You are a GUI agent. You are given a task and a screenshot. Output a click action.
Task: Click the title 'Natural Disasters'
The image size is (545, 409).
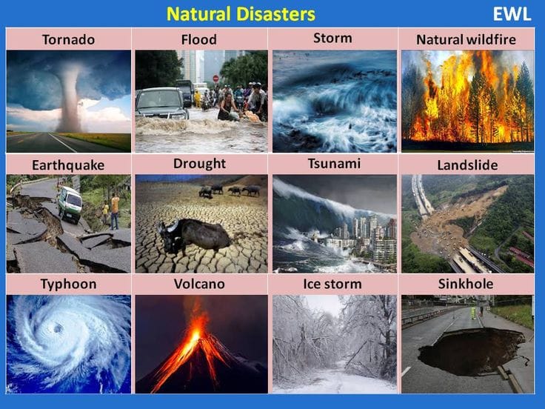coord(241,14)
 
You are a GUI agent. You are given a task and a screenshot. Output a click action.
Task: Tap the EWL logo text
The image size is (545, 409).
coord(512,15)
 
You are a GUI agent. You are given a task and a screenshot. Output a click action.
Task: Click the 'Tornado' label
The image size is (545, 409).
coord(68,39)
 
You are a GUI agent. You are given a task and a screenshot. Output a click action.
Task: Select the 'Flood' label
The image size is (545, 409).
coord(199,39)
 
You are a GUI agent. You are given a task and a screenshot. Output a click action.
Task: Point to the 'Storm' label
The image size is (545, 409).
coord(332,38)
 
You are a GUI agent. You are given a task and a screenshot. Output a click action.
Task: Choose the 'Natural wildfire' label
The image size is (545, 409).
coord(466,39)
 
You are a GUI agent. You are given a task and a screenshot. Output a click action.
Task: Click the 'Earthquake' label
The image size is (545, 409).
coord(68,164)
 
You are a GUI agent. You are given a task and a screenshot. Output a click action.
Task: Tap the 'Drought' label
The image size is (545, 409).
coord(199,163)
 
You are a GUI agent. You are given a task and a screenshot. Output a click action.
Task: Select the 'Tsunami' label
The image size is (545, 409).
coord(332,163)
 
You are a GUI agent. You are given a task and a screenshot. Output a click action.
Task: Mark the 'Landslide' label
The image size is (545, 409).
coord(467,164)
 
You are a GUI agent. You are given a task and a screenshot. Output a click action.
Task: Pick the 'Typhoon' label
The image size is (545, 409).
coord(68,284)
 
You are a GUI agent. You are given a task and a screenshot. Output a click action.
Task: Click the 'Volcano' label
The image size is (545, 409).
coord(199,284)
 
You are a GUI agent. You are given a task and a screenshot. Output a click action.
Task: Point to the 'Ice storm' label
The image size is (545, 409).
coord(332,284)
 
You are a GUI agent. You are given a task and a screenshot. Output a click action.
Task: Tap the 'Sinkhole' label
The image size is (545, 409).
coord(466,284)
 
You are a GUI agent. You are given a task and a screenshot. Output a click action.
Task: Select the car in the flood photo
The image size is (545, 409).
coord(161,104)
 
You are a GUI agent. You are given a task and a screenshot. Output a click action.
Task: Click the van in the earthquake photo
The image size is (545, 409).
coord(70,204)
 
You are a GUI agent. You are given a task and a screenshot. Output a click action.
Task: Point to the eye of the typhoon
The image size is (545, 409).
coord(58,328)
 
